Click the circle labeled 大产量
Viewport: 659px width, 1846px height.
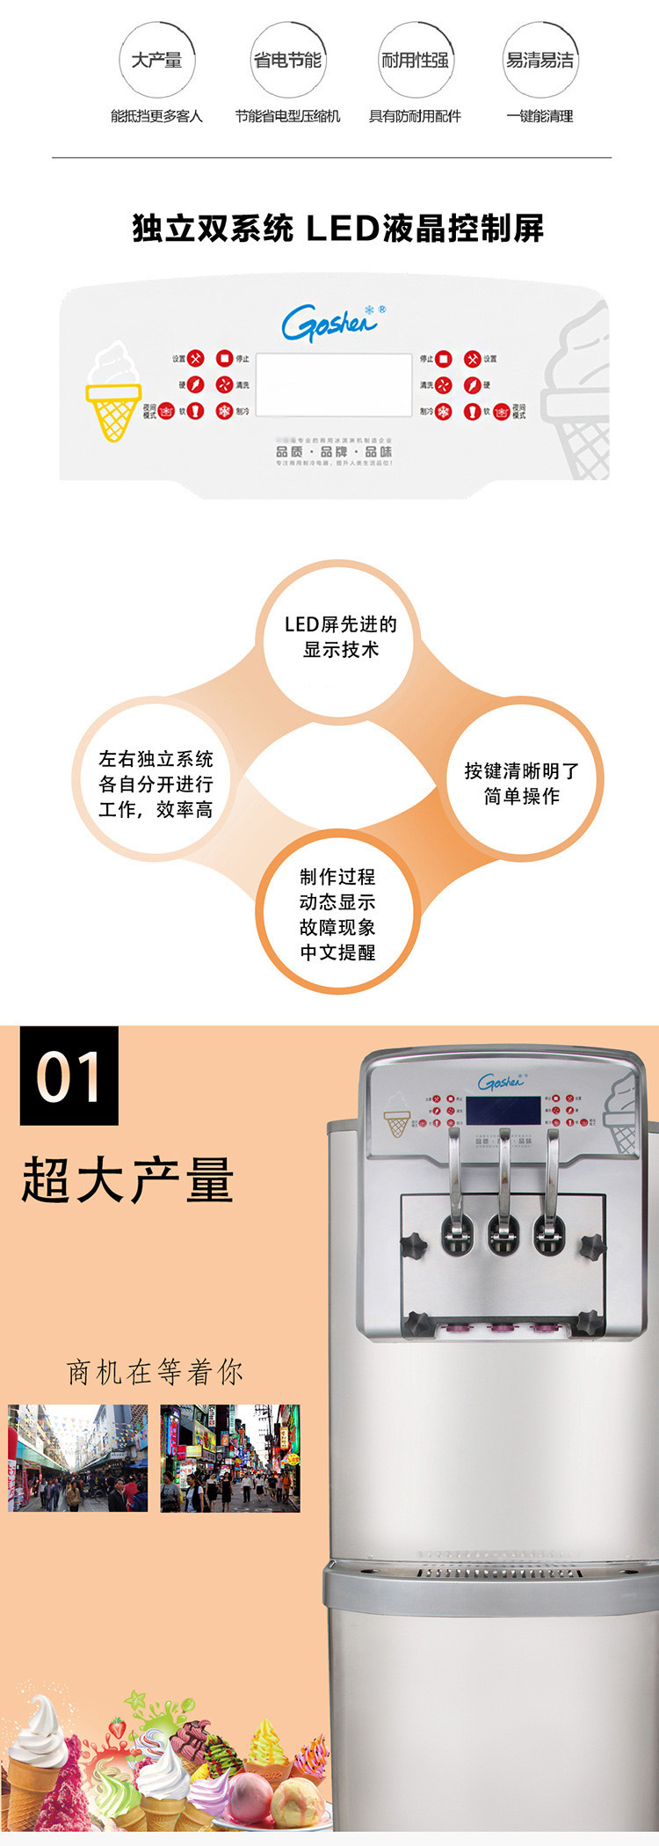coord(156,60)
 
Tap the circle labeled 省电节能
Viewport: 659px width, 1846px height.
coord(287,60)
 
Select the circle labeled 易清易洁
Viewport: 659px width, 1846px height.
coord(540,60)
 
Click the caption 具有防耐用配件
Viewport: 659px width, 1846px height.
coord(415,116)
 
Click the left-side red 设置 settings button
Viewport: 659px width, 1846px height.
coord(196,359)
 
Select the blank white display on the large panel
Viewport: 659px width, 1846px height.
coord(333,385)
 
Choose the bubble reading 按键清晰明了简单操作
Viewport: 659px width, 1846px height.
coord(522,783)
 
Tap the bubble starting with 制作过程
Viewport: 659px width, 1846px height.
coord(337,914)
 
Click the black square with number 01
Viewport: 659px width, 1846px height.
coord(69,1076)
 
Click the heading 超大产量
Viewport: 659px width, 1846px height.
coord(128,1179)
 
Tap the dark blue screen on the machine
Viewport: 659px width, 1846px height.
coord(502,1110)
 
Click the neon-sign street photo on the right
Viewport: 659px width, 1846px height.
coord(230,1458)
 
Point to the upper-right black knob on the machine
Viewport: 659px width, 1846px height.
coord(590,1244)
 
